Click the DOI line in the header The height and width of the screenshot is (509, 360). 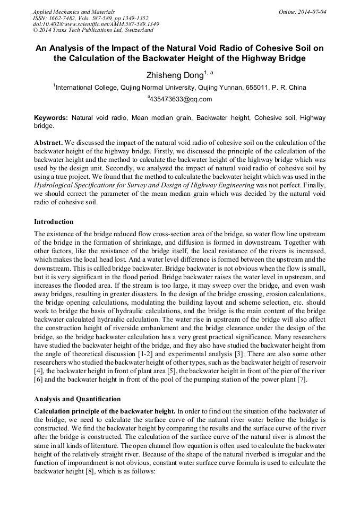[x=96, y=24]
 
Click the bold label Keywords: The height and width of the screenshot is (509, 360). [x=52, y=118]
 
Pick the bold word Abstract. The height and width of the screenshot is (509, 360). [x=48, y=143]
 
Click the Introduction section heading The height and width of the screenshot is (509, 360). [x=54, y=221]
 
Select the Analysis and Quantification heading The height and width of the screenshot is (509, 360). [x=78, y=399]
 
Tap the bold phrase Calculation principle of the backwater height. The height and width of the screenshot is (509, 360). [x=104, y=411]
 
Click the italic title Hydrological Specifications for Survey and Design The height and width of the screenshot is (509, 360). [x=143, y=185]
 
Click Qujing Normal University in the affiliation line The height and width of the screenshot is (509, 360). [x=158, y=88]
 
